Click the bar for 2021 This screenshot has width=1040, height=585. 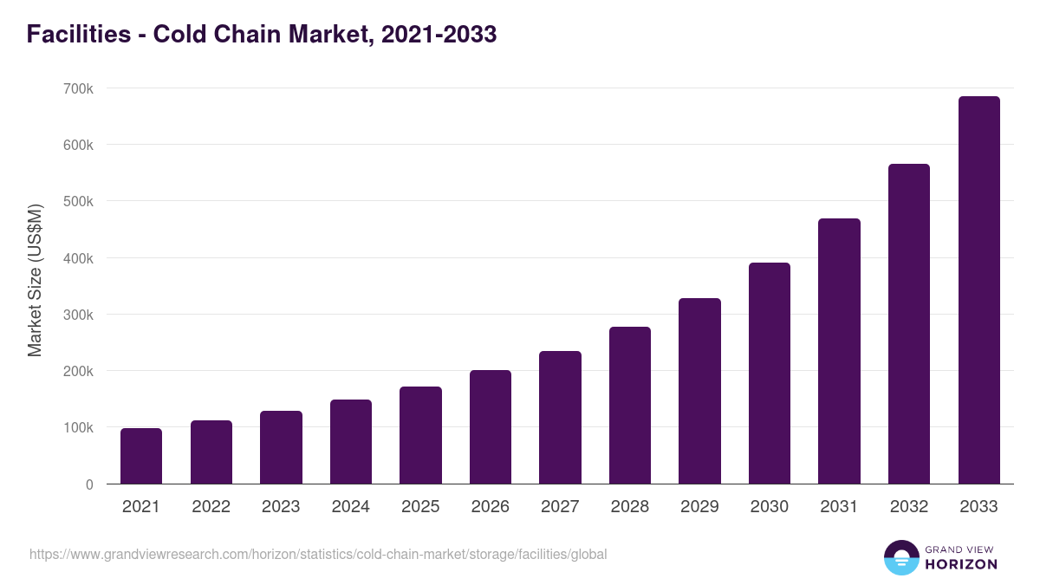(x=141, y=456)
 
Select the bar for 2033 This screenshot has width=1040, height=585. (x=979, y=290)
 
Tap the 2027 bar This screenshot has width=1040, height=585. (x=560, y=418)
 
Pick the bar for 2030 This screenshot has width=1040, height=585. (x=770, y=374)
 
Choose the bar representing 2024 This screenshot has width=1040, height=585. (x=351, y=442)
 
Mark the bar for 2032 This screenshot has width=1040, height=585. (x=909, y=324)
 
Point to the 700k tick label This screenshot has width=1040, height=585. (x=78, y=88)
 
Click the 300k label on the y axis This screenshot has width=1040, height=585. (x=78, y=315)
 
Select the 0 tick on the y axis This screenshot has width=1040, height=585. (x=89, y=484)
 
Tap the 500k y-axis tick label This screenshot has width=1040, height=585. (x=78, y=201)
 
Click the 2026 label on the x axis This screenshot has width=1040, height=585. (x=491, y=507)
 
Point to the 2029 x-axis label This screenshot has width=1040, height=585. (x=699, y=507)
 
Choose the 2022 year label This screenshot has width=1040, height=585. (x=211, y=507)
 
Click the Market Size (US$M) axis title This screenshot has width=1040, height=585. (x=35, y=280)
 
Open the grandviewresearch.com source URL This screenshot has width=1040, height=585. (x=318, y=554)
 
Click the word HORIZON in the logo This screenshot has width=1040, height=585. (x=961, y=564)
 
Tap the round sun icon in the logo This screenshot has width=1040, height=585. (x=901, y=557)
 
